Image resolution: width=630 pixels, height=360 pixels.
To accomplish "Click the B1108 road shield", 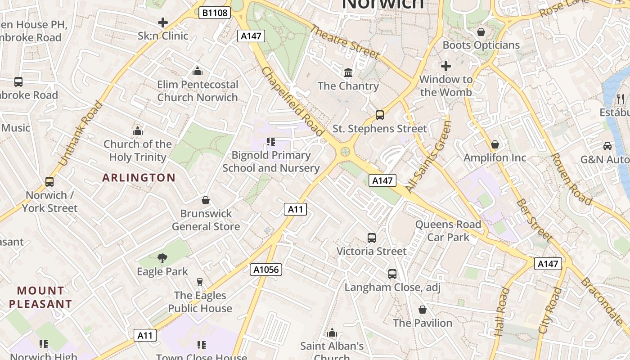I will coord(215,13).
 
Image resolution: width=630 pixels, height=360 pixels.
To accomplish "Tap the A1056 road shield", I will coord(266,270).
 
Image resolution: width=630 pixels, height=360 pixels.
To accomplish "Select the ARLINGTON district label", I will coord(139,178).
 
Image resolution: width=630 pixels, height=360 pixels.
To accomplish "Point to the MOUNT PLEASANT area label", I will coord(40,297).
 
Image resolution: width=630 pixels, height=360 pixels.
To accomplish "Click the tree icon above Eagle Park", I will coord(162,258).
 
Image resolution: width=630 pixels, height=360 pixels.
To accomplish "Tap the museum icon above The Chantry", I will coord(348,72).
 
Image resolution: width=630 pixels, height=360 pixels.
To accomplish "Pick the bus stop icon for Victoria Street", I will coord(372,238).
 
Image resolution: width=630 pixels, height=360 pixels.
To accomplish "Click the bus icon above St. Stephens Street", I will coord(380,115).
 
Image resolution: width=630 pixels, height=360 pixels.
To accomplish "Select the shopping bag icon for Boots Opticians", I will coord(481,32).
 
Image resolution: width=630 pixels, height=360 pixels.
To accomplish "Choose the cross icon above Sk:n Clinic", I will coord(163,22).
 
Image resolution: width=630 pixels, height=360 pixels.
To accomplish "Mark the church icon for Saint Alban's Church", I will coord(332,333).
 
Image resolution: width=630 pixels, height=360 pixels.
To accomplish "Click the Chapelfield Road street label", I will coord(292,102).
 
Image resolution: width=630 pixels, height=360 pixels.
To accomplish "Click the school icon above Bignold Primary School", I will coord(271,142).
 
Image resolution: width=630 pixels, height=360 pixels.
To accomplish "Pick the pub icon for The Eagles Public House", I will coord(200,282).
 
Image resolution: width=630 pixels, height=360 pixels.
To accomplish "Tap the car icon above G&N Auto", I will coord(607,146).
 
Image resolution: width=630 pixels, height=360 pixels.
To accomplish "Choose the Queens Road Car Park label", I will coord(448,230).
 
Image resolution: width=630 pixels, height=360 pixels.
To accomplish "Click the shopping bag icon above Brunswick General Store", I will coord(206,200).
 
